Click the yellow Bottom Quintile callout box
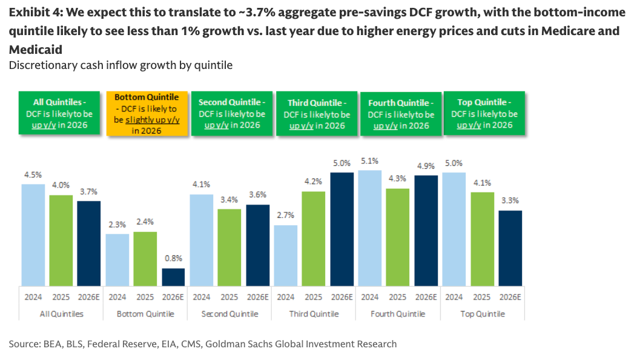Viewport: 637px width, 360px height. point(147,113)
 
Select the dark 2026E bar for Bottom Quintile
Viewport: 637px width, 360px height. point(173,277)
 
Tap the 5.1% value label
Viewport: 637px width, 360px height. point(370,161)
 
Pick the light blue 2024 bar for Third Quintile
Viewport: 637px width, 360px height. point(285,255)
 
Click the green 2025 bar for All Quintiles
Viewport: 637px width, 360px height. point(61,240)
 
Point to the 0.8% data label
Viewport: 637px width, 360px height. point(173,258)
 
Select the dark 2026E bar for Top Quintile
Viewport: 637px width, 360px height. point(510,247)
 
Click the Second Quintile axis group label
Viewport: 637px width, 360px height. point(229,314)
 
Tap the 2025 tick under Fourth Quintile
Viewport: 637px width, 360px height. point(397,296)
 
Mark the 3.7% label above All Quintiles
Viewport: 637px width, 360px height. point(88,191)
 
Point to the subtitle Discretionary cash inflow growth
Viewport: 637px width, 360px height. point(120,65)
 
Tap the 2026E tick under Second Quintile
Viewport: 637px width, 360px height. point(257,296)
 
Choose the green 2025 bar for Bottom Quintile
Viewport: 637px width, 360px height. point(145,258)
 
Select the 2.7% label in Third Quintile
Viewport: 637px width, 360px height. point(285,215)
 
